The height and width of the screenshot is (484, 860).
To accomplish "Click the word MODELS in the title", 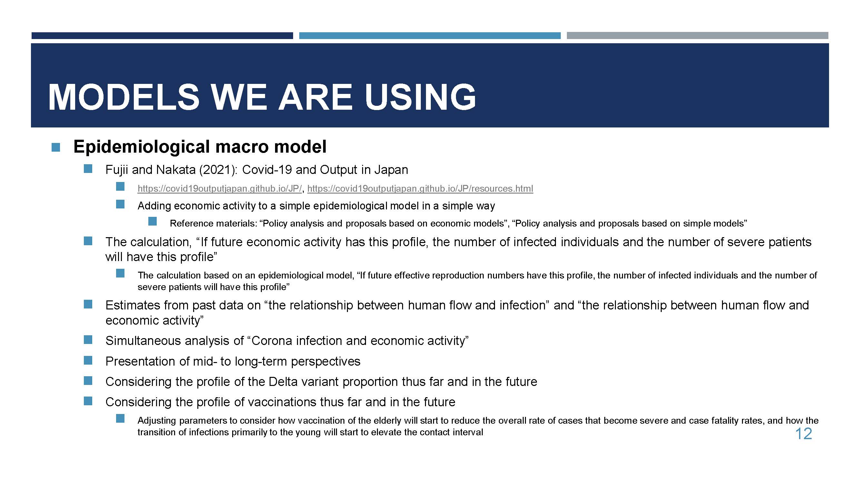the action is pyautogui.click(x=124, y=97).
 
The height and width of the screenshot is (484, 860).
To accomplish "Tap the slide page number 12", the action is pyautogui.click(x=804, y=434).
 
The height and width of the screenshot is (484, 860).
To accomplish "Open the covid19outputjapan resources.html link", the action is pyautogui.click(x=420, y=188).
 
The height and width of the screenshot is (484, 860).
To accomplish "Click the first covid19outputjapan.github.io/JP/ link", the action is pyautogui.click(x=220, y=188).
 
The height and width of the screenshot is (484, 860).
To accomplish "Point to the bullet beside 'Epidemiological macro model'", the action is pyautogui.click(x=56, y=147).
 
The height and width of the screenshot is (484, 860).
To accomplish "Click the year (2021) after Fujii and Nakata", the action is pyautogui.click(x=218, y=170).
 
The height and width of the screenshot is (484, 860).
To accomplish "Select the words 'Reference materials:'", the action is pyautogui.click(x=214, y=223).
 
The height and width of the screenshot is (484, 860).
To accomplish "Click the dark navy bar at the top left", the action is pyautogui.click(x=162, y=35).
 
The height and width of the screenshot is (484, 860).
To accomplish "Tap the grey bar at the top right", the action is pyautogui.click(x=697, y=35).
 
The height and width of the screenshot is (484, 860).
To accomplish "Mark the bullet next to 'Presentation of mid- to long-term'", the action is pyautogui.click(x=88, y=360).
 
